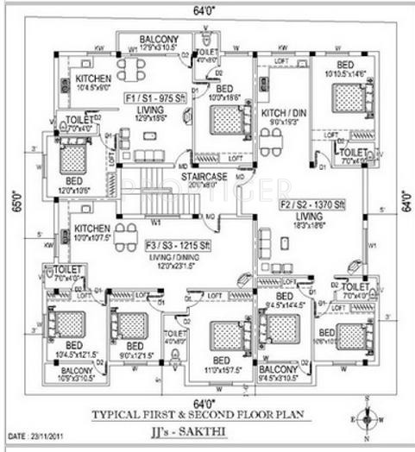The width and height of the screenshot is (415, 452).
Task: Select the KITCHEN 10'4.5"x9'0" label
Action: coord(93,81)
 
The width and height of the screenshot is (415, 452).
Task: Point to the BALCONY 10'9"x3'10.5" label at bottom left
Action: coord(69,374)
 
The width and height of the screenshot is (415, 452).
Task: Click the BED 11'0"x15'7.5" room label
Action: coord(221,363)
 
